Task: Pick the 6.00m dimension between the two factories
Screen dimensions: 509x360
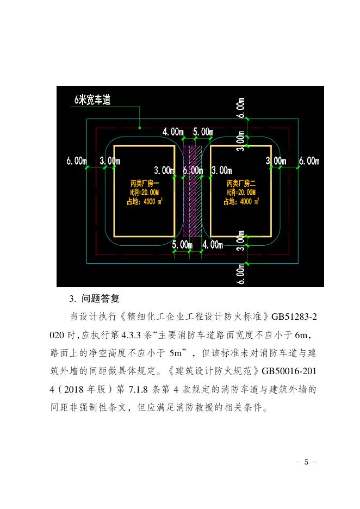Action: (193, 170)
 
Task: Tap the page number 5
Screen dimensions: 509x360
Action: (306, 462)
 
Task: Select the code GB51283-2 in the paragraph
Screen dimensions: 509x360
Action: (289, 316)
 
